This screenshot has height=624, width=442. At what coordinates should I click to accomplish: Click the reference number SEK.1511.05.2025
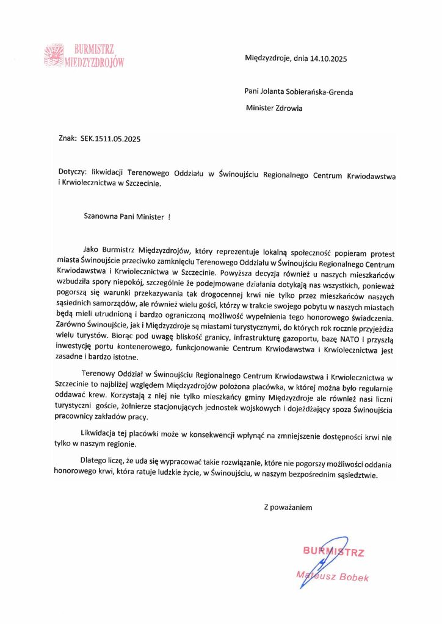coord(111,139)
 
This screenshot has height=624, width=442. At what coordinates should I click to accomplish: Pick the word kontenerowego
coord(151,350)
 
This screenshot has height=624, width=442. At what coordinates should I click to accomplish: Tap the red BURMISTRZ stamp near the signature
coord(333,553)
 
